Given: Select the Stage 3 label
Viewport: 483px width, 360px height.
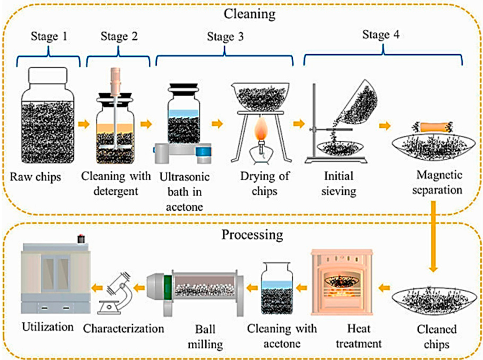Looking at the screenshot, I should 224,37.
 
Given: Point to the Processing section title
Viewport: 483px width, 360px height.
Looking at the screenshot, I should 242,234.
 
